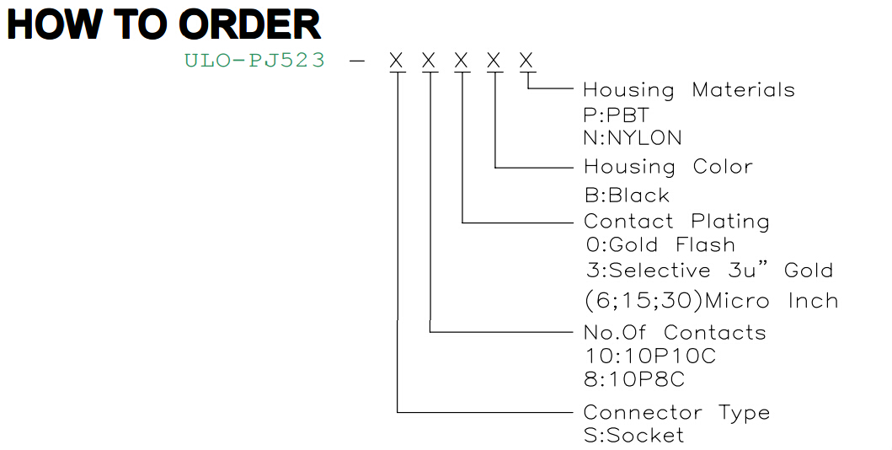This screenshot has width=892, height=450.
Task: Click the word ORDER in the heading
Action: coord(249,25)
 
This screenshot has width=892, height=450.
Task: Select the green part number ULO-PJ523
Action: coord(255,60)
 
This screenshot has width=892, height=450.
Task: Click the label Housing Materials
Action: coord(689,90)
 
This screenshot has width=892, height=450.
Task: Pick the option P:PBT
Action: coord(616,115)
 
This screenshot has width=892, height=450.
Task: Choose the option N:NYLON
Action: coord(633,137)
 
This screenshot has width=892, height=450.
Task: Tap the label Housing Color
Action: coord(669,167)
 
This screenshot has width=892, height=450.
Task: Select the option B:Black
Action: coord(627,196)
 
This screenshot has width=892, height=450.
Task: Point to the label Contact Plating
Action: coord(676,222)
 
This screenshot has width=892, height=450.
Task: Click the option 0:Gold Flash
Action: coord(660,245)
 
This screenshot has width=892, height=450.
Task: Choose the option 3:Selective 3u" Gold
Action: coord(709,271)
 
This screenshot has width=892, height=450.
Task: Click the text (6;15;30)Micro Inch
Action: coord(711,301)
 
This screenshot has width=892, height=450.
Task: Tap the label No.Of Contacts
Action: coord(676,332)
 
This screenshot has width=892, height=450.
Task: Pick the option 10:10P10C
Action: coord(650,356)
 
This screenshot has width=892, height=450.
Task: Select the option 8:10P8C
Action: coord(634,379)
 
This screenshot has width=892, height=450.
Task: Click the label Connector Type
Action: coord(677,413)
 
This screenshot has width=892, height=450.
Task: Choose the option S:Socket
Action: coord(633,435)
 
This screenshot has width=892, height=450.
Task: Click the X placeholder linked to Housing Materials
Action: coord(526,61)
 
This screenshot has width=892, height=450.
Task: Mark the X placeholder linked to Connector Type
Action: coord(397,61)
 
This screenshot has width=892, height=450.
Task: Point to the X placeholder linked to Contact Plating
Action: coord(462,61)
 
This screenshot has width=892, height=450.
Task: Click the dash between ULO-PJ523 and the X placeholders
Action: coord(357,61)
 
